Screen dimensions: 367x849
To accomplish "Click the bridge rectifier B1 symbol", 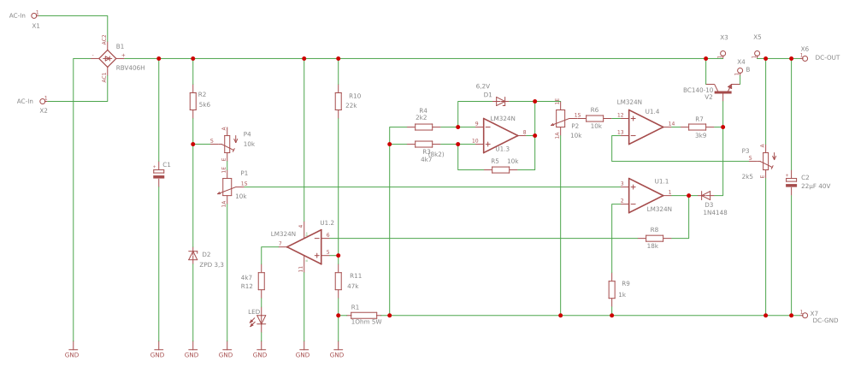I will click(x=106, y=58).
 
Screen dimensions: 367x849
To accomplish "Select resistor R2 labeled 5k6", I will click(x=192, y=102).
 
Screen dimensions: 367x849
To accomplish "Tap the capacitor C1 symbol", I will click(x=158, y=173).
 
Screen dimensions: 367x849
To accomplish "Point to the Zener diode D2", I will click(x=192, y=255).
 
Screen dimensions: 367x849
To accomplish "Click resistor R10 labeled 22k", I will click(x=339, y=102).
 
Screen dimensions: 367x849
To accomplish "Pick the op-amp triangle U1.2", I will click(x=305, y=246).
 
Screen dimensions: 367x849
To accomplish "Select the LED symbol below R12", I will click(x=262, y=319).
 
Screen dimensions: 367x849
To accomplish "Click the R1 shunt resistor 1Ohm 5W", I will click(x=363, y=316).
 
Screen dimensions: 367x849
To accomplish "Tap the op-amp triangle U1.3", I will click(x=499, y=133).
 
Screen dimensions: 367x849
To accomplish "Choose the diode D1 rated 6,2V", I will click(x=500, y=102).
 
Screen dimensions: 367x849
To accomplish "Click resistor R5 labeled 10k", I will click(x=500, y=169).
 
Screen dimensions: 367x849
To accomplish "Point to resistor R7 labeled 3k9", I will click(x=697, y=126).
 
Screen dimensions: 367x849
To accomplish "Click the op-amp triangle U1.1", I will click(x=646, y=194).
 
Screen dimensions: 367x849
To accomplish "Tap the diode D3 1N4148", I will click(x=705, y=195).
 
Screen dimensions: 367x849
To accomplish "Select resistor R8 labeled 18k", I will click(x=654, y=238).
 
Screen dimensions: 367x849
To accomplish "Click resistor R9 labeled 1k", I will click(x=612, y=289).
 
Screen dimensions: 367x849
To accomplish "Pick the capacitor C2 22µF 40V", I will click(x=792, y=181).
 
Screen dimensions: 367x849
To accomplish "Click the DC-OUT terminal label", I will click(x=827, y=57).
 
